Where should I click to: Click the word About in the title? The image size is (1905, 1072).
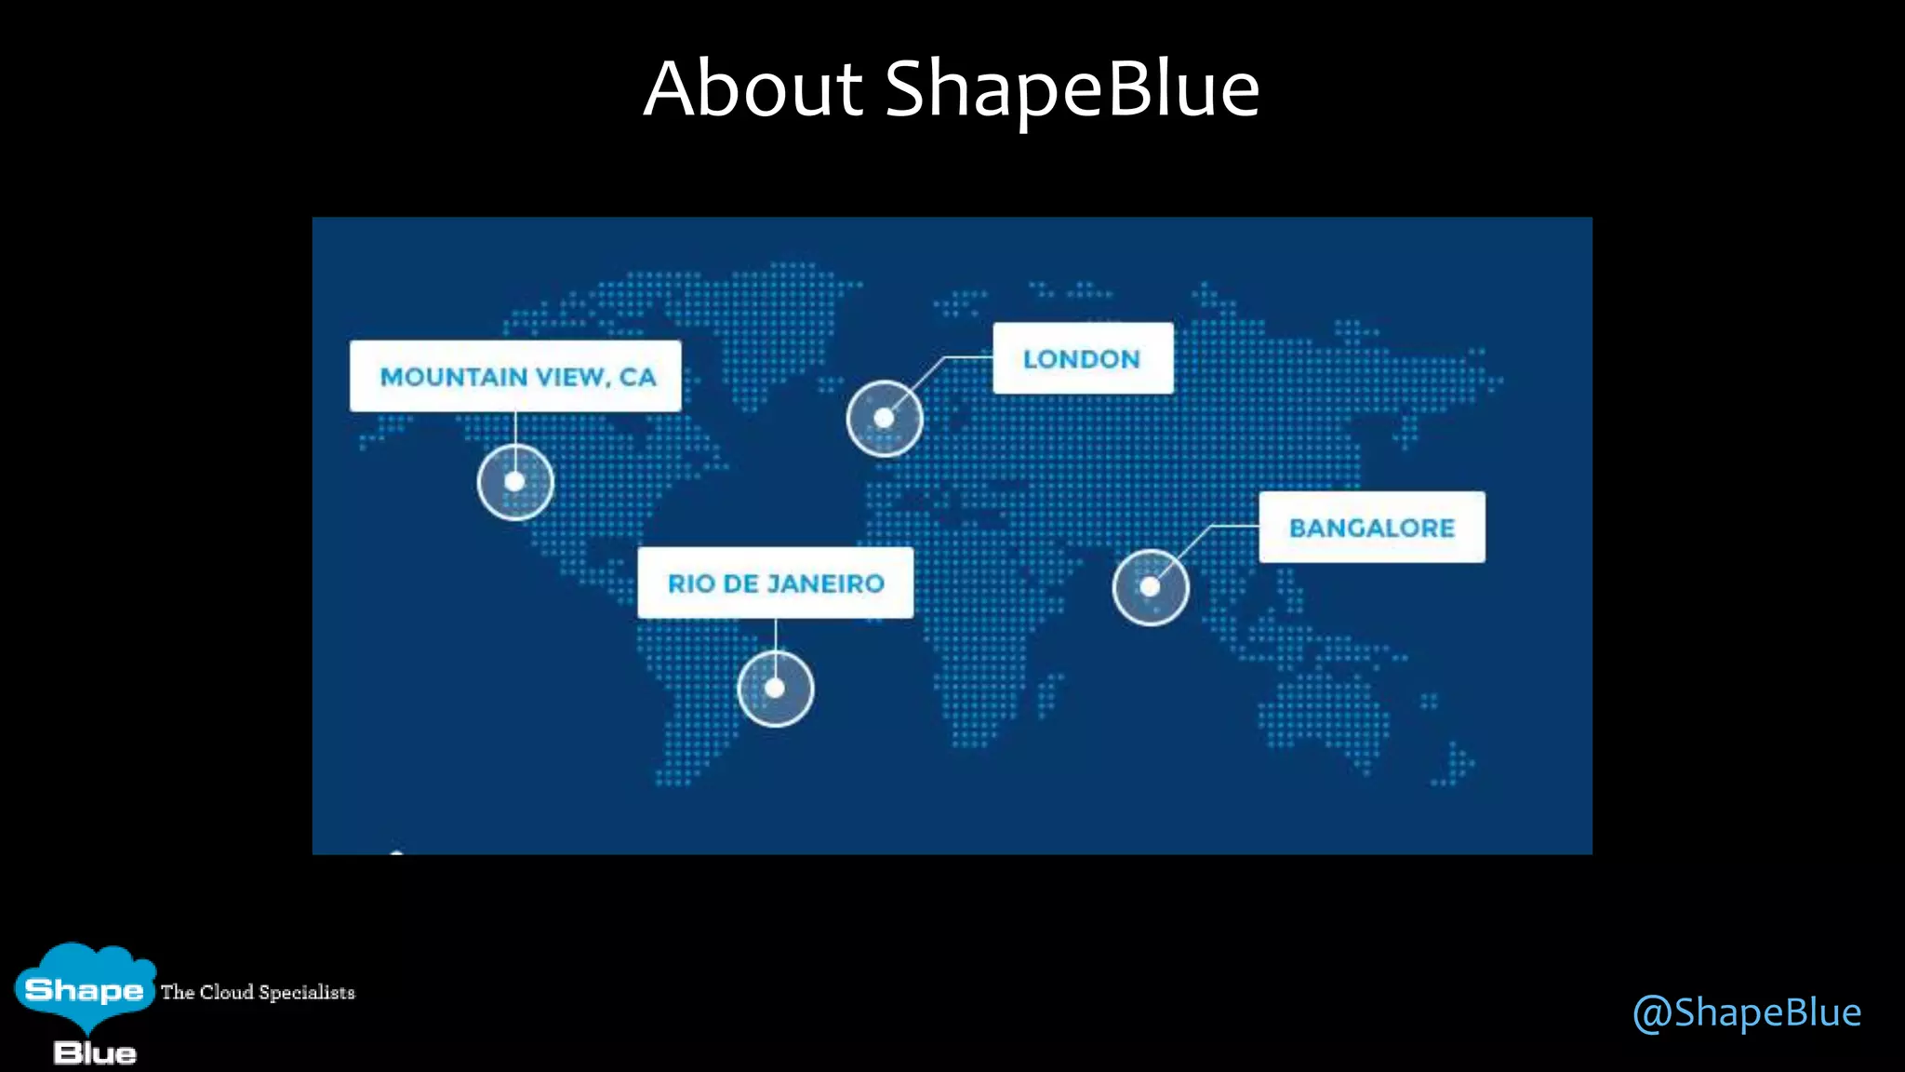(753, 89)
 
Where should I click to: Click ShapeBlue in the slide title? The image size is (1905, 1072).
(1072, 89)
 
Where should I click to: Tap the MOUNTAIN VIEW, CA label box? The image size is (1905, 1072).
(515, 376)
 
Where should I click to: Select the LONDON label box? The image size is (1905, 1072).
(1083, 358)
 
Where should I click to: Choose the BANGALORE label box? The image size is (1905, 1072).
(1372, 527)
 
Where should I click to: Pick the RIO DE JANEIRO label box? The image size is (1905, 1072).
(775, 583)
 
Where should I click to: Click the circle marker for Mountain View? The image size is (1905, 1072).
(515, 482)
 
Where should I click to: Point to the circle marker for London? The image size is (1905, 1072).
(885, 419)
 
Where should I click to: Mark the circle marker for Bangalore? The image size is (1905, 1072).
(1151, 587)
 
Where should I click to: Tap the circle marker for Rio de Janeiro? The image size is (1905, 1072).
(775, 689)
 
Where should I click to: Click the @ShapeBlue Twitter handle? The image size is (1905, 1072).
(1747, 1012)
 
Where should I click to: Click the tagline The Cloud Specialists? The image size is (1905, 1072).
(258, 992)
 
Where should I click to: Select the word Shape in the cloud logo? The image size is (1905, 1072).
(84, 989)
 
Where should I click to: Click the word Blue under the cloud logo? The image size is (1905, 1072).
(95, 1053)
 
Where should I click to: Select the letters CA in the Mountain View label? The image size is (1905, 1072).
(638, 377)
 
